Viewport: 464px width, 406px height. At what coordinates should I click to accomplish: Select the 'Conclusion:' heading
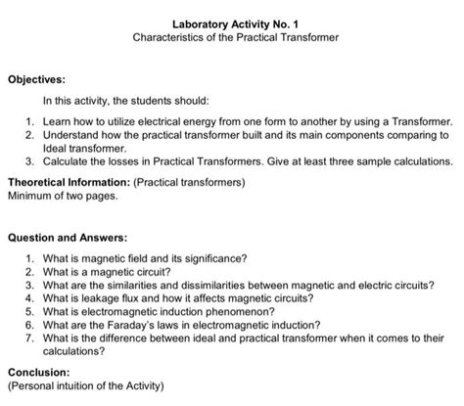click(x=38, y=373)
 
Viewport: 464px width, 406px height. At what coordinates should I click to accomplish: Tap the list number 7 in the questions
click(x=30, y=337)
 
